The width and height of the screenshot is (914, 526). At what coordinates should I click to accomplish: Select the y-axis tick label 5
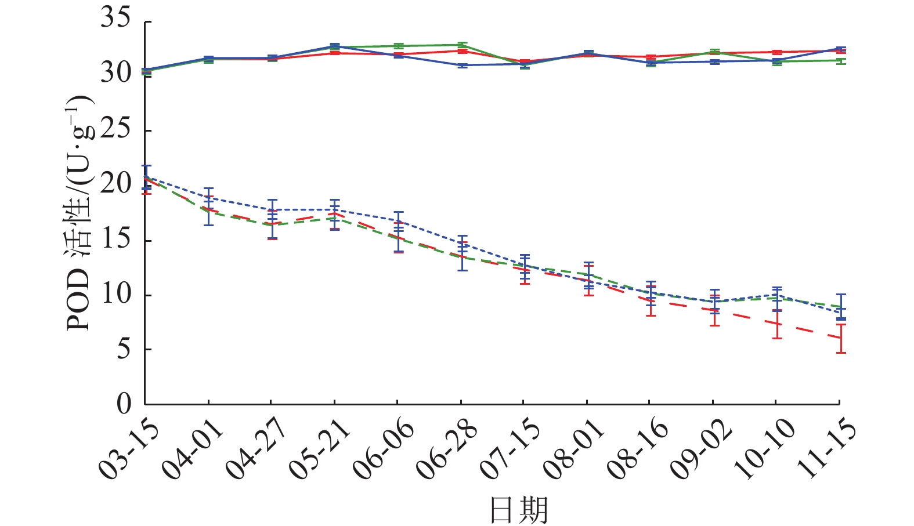tap(124, 349)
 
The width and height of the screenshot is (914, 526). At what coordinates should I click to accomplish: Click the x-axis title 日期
tap(518, 510)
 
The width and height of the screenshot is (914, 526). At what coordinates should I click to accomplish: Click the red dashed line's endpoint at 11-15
tap(840, 338)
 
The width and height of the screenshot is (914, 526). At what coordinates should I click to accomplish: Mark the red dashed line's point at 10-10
tap(776, 324)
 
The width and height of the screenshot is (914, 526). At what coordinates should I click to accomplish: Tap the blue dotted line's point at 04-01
tap(208, 197)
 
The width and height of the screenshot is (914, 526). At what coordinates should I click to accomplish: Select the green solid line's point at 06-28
tap(461, 45)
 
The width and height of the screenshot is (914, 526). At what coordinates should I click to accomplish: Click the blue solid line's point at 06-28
tap(461, 66)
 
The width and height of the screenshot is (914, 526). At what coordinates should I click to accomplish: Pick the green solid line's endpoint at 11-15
tap(840, 60)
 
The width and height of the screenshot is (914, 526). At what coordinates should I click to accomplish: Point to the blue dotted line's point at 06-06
tap(398, 221)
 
